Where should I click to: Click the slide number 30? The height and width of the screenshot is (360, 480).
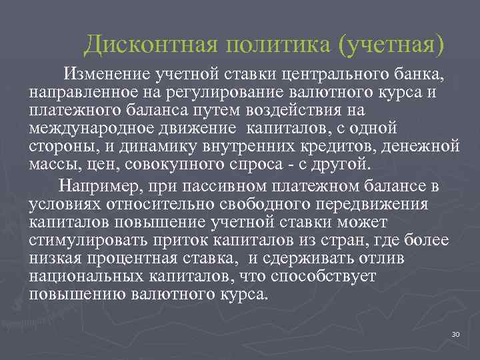click(x=456, y=334)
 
